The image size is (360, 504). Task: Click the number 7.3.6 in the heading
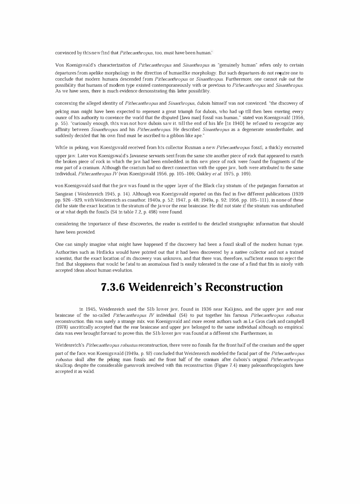pyautogui.click(x=113, y=287)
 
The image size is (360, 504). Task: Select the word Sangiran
pyautogui.click(x=64, y=194)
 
